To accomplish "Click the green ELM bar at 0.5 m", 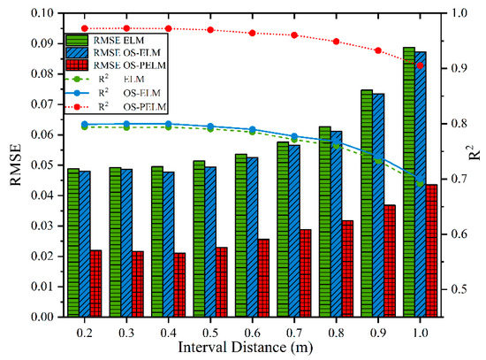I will point(199,239).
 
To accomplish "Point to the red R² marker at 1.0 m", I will point(420,65).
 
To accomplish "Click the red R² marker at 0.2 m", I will point(84,28).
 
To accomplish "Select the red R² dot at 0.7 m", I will point(294,35).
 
